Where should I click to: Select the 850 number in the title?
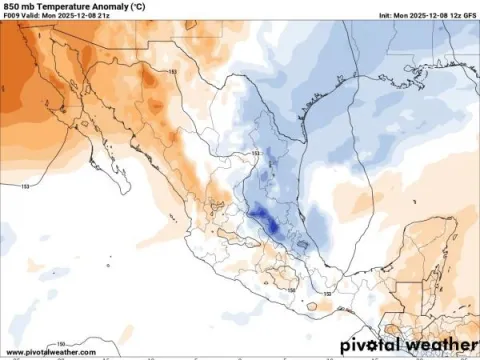click(x=8, y=6)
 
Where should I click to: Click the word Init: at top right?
click(x=387, y=16)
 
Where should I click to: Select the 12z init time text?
click(x=453, y=16)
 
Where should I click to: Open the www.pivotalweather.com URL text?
click(x=48, y=352)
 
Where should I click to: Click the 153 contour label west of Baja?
click(x=25, y=186)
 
